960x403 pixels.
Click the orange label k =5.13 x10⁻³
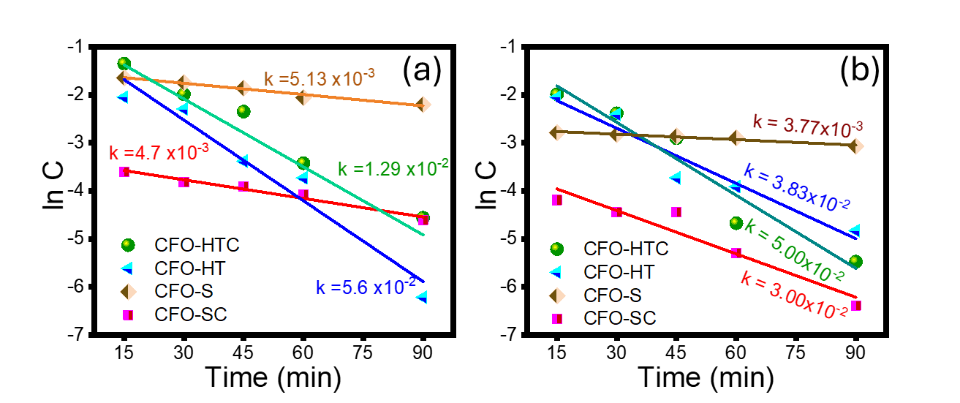point(320,78)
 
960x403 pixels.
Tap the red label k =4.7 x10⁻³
point(159,153)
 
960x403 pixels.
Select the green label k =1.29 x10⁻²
point(393,168)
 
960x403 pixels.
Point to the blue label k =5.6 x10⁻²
point(366,287)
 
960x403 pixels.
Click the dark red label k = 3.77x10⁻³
point(808,126)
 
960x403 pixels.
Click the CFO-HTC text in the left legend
point(197,244)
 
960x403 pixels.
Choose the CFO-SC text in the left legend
point(191,315)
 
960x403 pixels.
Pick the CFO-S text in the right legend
point(613,295)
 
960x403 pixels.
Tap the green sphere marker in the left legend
point(128,244)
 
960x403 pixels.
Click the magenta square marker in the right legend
point(557,319)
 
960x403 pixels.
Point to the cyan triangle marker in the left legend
point(128,268)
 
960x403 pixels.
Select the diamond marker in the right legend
point(557,295)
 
